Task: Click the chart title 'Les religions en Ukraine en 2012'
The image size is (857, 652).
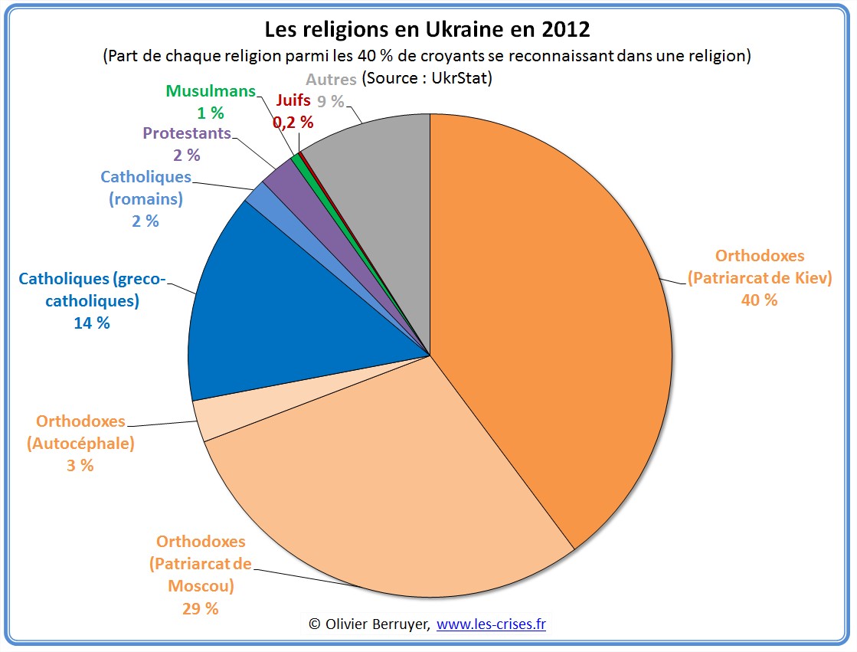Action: click(427, 30)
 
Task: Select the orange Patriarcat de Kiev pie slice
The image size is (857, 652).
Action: click(551, 306)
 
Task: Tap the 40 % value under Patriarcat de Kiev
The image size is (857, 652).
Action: click(759, 300)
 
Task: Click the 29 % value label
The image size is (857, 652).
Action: click(201, 608)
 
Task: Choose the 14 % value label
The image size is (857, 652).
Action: click(92, 323)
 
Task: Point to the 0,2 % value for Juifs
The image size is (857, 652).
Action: click(293, 121)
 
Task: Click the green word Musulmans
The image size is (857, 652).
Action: click(211, 91)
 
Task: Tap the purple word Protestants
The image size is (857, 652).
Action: click(187, 133)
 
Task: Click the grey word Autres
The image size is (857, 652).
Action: click(331, 79)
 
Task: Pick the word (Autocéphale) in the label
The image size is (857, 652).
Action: click(80, 443)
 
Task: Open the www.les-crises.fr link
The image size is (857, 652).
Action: click(491, 624)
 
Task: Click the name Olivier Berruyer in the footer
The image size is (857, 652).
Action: click(376, 624)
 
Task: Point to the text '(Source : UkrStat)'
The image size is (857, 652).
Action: click(427, 78)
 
